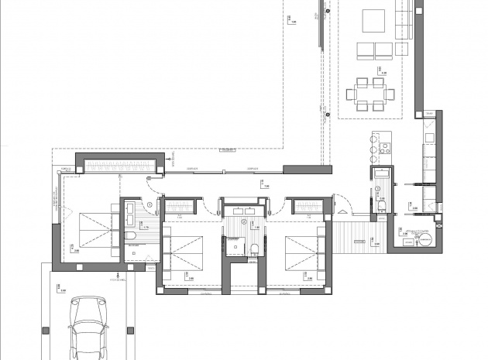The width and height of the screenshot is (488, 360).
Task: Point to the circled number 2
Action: coord(244,222)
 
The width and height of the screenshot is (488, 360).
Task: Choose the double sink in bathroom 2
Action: coord(243,210)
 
